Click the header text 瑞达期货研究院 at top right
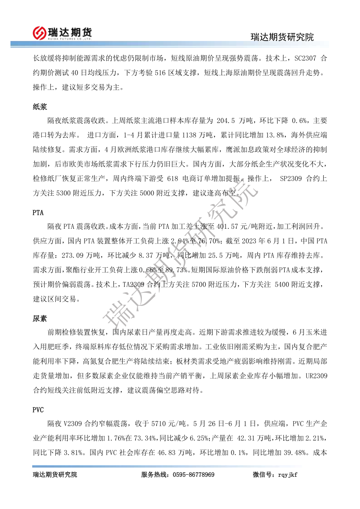point(282,37)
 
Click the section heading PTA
point(38,212)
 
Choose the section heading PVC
point(38,410)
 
